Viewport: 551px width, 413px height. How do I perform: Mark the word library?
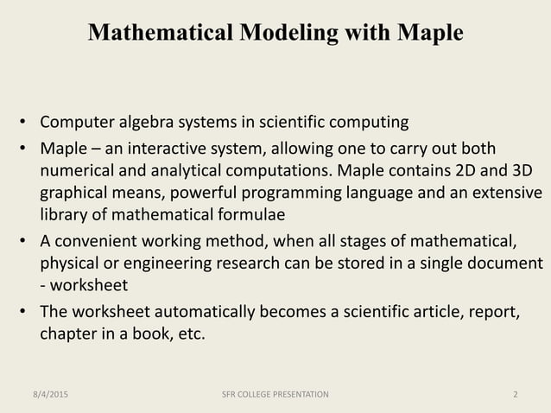(64, 213)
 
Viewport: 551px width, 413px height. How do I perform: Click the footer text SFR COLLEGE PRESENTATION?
(275, 395)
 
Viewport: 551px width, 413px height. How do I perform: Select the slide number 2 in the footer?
(515, 395)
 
